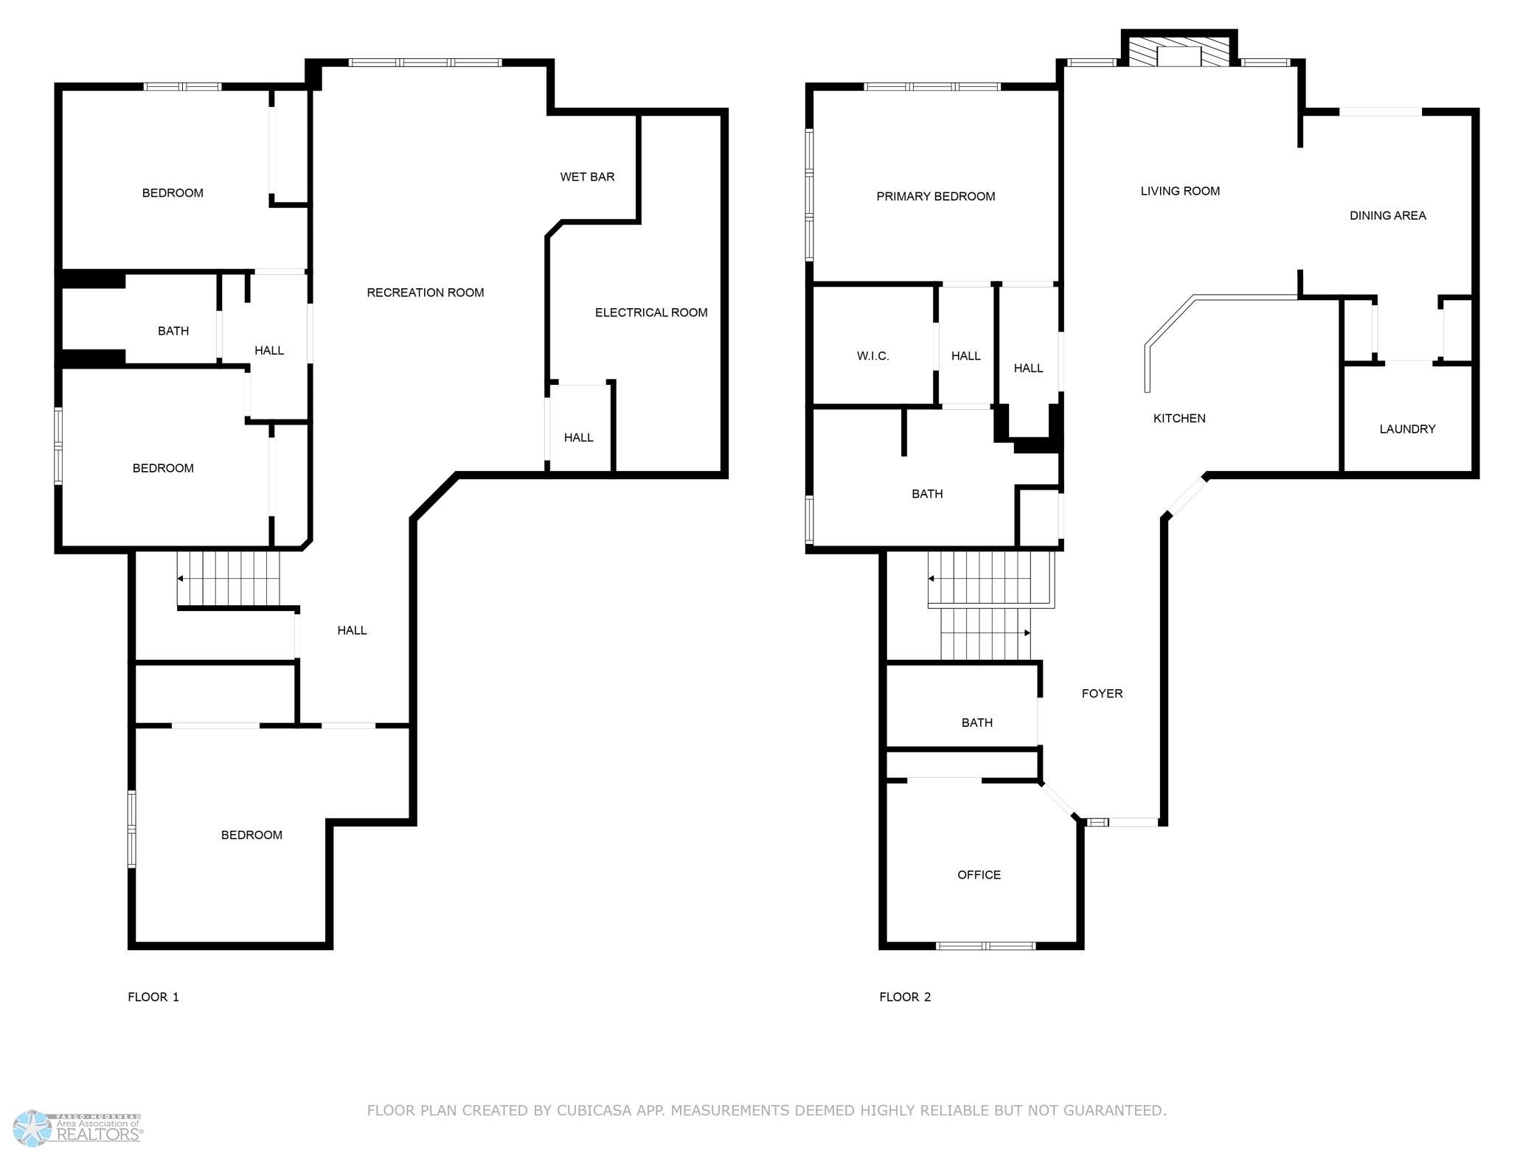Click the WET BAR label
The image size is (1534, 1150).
587,177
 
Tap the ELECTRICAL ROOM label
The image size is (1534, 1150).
651,313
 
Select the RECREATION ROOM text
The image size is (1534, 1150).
426,293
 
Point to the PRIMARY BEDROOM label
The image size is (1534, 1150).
936,196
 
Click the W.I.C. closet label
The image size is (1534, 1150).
873,356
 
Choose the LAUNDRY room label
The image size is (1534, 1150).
1407,429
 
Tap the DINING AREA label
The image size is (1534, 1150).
1388,215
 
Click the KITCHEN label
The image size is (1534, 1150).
1179,419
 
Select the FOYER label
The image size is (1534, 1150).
1102,694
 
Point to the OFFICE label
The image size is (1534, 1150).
979,875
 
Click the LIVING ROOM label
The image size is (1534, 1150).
1180,191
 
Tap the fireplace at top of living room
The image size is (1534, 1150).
1179,49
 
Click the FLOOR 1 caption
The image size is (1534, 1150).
153,997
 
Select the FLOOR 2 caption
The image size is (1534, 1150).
905,997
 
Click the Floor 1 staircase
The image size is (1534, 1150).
229,579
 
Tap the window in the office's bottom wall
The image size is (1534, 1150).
985,946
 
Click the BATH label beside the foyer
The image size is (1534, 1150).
977,723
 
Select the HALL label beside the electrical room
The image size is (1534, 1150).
579,438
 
